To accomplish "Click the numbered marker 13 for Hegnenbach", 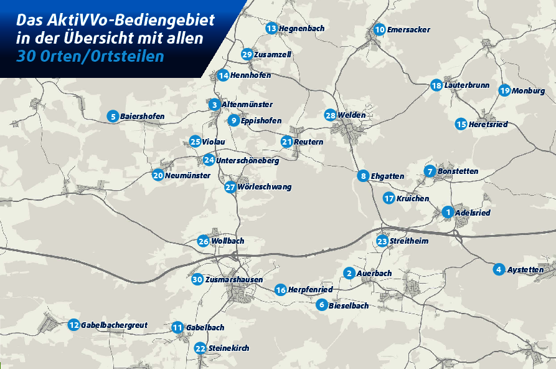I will pyautogui.click(x=271, y=28).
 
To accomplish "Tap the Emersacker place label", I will pyautogui.click(x=408, y=29).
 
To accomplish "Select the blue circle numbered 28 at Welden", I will pyautogui.click(x=330, y=115).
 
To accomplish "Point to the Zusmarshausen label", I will pyautogui.click(x=233, y=279).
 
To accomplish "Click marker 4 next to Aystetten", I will pyautogui.click(x=498, y=269).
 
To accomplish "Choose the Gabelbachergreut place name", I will pyautogui.click(x=114, y=325).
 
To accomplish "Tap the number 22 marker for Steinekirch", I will pyautogui.click(x=200, y=348).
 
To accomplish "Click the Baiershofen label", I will pyautogui.click(x=142, y=116).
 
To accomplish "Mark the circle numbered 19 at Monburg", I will pyautogui.click(x=504, y=90).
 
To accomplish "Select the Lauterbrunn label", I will pyautogui.click(x=466, y=85).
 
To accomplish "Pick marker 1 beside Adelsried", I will pyautogui.click(x=447, y=213).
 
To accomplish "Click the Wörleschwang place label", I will pyautogui.click(x=264, y=187).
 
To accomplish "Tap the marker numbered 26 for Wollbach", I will pyautogui.click(x=203, y=241).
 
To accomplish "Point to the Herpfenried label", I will pyautogui.click(x=310, y=289).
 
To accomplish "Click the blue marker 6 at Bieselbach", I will pyautogui.click(x=321, y=305).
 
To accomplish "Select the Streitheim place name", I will pyautogui.click(x=408, y=241).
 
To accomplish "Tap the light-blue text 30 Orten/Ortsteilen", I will pyautogui.click(x=91, y=56).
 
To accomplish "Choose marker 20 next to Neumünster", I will pyautogui.click(x=158, y=175).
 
